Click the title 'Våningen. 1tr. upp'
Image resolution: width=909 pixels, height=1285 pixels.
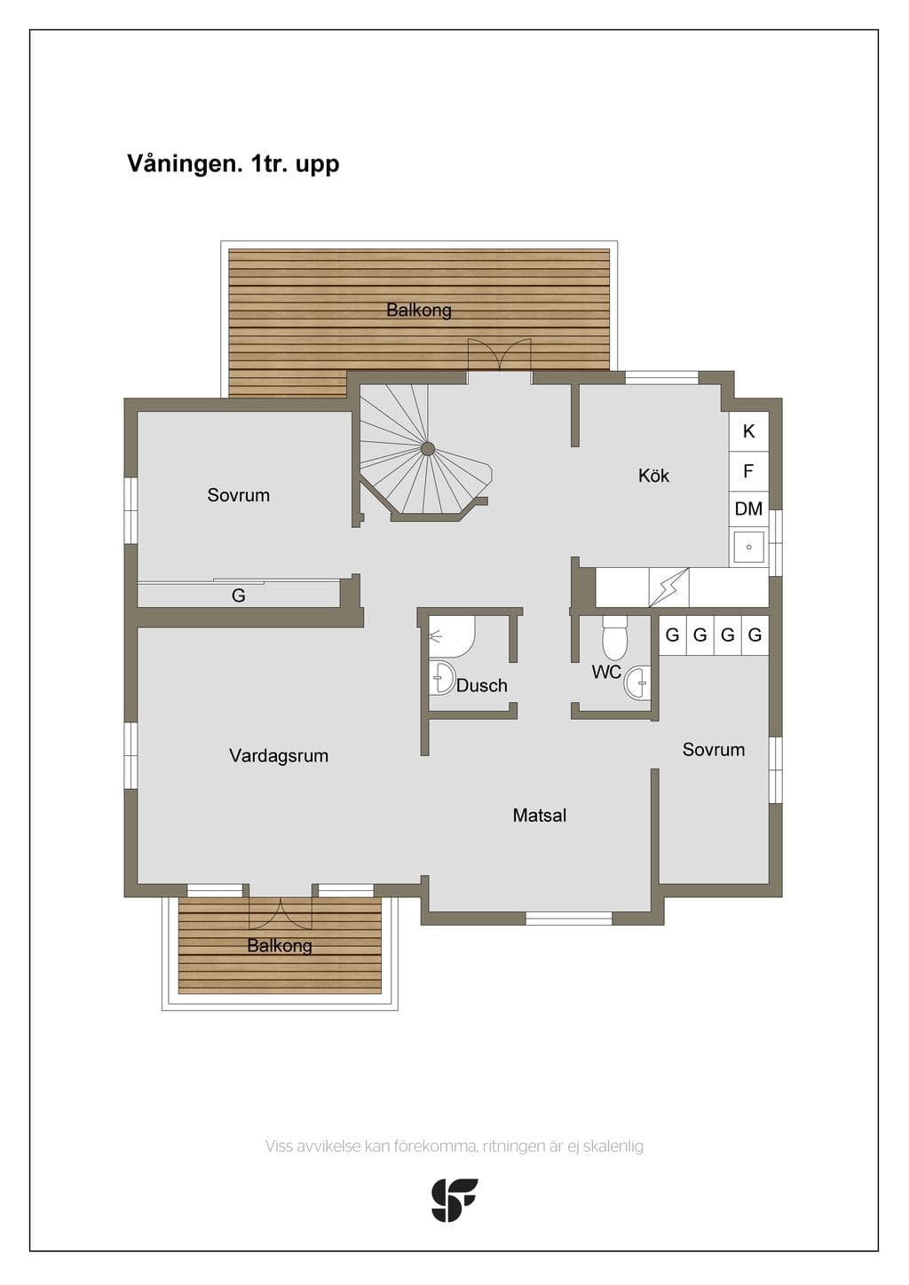click(233, 164)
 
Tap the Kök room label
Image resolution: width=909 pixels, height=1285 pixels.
click(653, 475)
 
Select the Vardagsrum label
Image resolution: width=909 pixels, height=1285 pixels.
click(279, 755)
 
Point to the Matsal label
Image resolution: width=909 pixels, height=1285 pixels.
click(540, 816)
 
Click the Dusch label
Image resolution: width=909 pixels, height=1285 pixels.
click(482, 685)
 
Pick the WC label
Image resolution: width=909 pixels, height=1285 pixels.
click(606, 672)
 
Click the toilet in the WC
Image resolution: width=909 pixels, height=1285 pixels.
click(614, 638)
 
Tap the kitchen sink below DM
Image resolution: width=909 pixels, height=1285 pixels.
click(749, 548)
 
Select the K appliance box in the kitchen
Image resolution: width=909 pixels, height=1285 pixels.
click(749, 431)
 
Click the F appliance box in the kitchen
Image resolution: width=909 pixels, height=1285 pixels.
click(749, 471)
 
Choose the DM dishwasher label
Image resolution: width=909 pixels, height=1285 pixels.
click(749, 508)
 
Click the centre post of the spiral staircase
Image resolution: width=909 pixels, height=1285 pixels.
click(427, 449)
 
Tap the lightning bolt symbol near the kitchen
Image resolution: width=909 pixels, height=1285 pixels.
click(669, 587)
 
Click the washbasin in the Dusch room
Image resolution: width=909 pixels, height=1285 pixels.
click(442, 677)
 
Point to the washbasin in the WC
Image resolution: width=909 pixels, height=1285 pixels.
click(637, 682)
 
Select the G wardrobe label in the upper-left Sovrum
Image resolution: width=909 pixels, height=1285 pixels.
click(239, 595)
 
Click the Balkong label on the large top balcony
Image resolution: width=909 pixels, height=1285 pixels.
click(419, 310)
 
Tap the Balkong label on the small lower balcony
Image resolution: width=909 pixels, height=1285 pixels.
click(280, 945)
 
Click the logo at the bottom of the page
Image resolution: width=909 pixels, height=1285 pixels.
click(454, 1200)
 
